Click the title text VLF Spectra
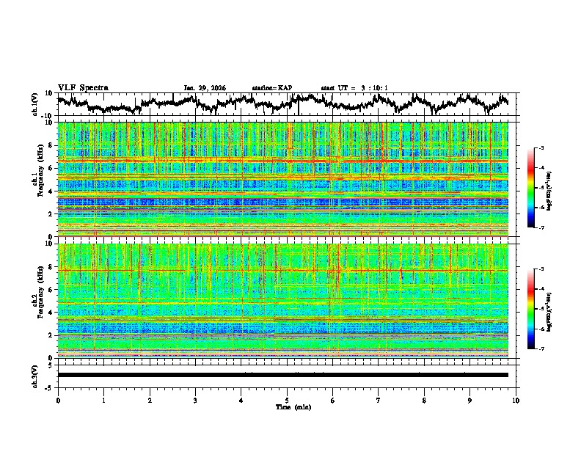click(x=83, y=88)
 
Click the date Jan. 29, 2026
click(x=205, y=88)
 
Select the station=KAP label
click(x=271, y=88)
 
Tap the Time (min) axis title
click(x=293, y=406)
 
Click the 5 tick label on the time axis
click(x=287, y=400)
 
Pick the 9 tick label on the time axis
click(x=470, y=400)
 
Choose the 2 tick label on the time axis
click(x=150, y=400)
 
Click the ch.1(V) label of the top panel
click(x=36, y=104)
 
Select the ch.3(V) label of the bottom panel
click(x=36, y=375)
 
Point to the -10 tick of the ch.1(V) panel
click(x=47, y=116)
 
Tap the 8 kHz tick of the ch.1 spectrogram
click(x=50, y=145)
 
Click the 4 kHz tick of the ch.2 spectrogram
click(x=50, y=313)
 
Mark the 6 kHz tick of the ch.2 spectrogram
click(x=50, y=290)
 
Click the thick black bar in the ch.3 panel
click(x=282, y=375)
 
